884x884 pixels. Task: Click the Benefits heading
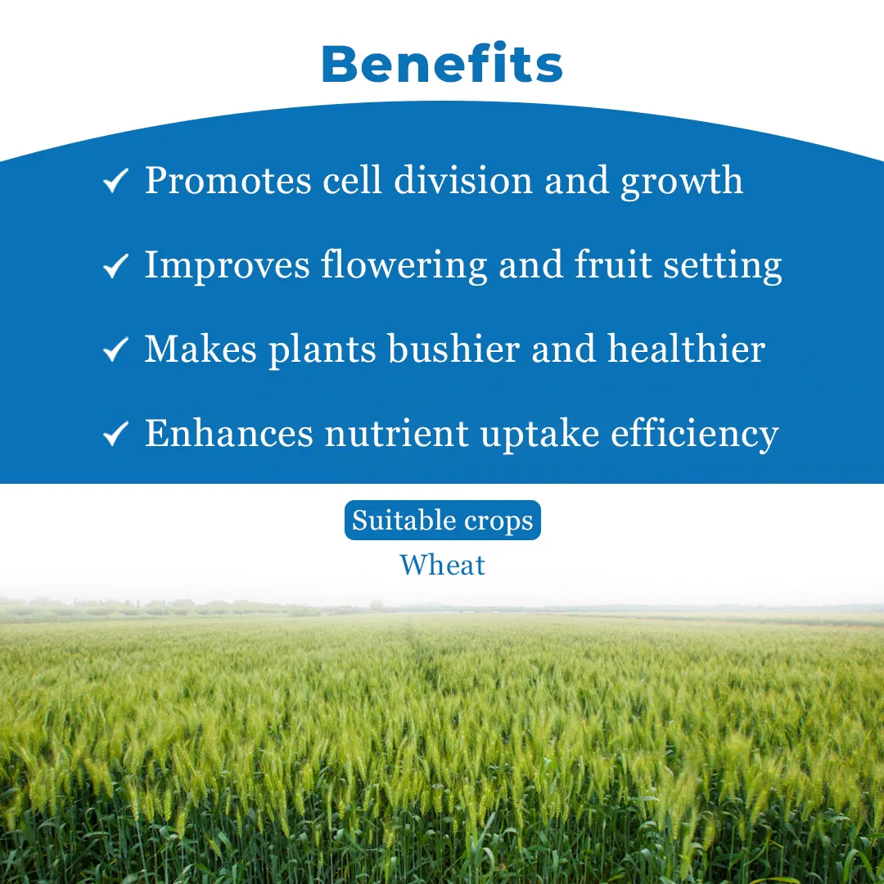pos(442,63)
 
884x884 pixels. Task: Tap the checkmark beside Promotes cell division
pos(116,180)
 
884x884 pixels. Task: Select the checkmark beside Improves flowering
pos(116,265)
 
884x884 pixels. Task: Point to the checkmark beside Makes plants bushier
pos(116,349)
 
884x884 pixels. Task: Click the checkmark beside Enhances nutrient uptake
pos(116,434)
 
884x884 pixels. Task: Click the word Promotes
pos(228,180)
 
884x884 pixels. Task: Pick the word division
pos(462,180)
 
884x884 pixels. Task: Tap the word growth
pos(682,182)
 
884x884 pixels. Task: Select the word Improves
pos(228,266)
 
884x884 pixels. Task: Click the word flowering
pos(404,266)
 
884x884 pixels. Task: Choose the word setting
pos(723,266)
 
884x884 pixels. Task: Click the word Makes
pos(201,349)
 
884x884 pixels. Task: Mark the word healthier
pos(687,349)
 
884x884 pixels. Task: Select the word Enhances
pos(229,433)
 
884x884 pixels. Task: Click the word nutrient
pos(397,434)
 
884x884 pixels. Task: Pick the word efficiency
pos(695,435)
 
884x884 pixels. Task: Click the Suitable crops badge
pos(443,520)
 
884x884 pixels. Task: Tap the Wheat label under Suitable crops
pos(443,565)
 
